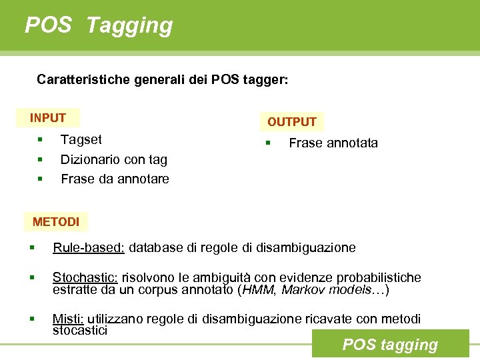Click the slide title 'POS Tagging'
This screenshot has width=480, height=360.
tap(99, 25)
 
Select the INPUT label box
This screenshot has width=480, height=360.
tap(48, 118)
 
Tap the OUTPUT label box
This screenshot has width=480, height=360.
tap(291, 122)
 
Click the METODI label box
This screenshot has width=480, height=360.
tap(56, 221)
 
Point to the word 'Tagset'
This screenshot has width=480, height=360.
tap(81, 139)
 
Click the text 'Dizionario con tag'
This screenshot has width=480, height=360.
tap(114, 159)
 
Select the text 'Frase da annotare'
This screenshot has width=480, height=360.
tap(115, 179)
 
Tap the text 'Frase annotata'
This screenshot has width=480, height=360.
tap(333, 143)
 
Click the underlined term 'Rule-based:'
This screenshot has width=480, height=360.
tap(89, 248)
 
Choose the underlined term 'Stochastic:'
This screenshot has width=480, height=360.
tap(85, 277)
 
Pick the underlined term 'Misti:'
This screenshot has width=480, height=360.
tap(67, 320)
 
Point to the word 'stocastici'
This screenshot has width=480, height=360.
tap(80, 330)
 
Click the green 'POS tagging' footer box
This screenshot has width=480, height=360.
tap(390, 345)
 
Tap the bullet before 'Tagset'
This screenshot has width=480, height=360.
tap(41, 139)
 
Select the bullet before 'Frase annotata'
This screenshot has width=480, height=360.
tap(267, 143)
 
